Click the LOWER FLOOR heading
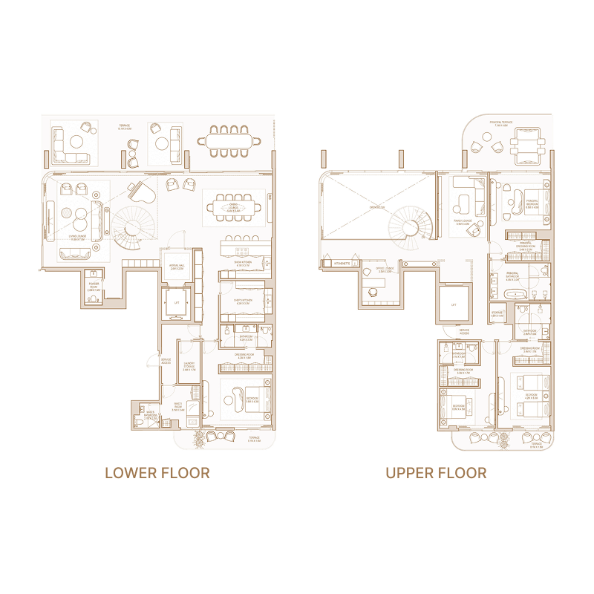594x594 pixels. (x=157, y=473)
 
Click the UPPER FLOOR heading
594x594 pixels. (x=436, y=473)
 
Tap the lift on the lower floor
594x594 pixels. (x=177, y=304)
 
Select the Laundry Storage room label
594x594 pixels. (x=189, y=365)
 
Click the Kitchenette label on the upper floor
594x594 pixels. (x=342, y=264)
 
